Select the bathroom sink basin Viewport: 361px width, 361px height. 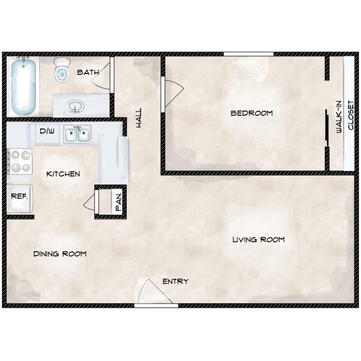tap(73, 106)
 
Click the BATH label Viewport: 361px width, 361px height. tap(88, 72)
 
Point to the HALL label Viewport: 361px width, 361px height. tap(138, 118)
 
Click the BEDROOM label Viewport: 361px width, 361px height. tap(252, 113)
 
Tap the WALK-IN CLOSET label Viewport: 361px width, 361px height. tap(344, 116)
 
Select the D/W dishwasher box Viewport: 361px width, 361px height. tap(47, 133)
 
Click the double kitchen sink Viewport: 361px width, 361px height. tap(77, 134)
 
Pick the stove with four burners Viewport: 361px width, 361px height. tap(20, 163)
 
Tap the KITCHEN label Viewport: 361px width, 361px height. tap(63, 174)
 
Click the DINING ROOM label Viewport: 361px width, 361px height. tap(59, 254)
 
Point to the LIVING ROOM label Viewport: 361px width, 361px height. tap(258, 239)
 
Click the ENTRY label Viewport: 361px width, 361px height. tap(175, 281)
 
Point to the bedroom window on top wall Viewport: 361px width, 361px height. tap(248, 54)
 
